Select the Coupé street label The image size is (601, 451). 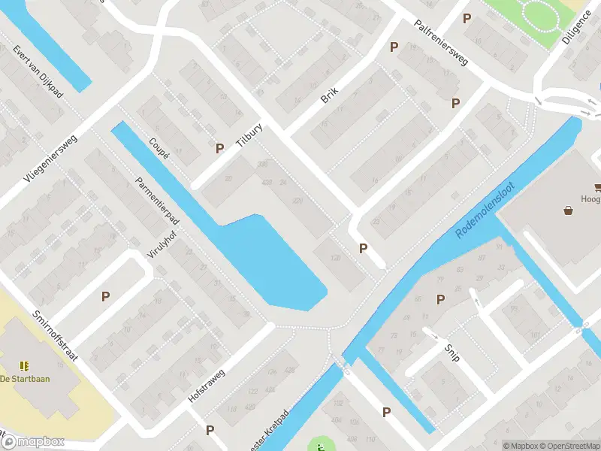pyautogui.click(x=159, y=149)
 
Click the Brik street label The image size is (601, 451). pyautogui.click(x=329, y=95)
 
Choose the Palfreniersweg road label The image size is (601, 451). pyautogui.click(x=441, y=42)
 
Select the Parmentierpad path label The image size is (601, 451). pyautogui.click(x=156, y=201)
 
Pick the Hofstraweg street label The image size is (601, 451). pyautogui.click(x=207, y=384)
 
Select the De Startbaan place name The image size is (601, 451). pyautogui.click(x=25, y=378)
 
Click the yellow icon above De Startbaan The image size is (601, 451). pyautogui.click(x=25, y=365)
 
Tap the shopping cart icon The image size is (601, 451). pyautogui.click(x=599, y=188)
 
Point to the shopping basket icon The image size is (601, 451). pyautogui.click(x=569, y=211)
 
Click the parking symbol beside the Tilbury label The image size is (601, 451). pyautogui.click(x=219, y=149)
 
